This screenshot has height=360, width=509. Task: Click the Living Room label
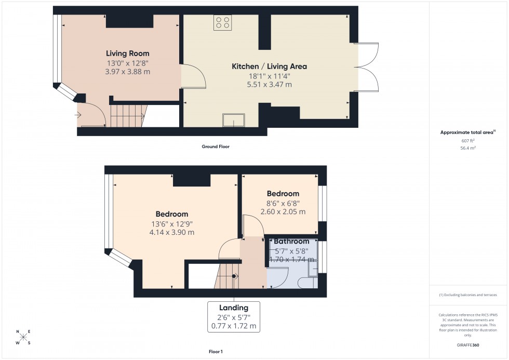coord(127,54)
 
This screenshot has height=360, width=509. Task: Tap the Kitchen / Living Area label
coord(269,66)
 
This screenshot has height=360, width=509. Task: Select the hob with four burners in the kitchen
coord(223,22)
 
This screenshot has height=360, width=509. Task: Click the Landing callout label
coord(233,308)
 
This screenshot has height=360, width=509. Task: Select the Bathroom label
coord(291,242)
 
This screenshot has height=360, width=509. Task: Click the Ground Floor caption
coord(216,147)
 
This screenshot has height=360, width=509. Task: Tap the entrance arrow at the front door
coord(79,115)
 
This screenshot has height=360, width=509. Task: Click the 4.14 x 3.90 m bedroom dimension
coord(171,232)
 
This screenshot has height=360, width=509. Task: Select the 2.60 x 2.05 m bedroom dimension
coord(283,211)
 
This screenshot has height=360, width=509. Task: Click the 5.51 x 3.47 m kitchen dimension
coord(269,84)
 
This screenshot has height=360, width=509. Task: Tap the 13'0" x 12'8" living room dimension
coord(127,63)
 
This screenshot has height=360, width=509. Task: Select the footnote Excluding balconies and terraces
coord(468,295)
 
